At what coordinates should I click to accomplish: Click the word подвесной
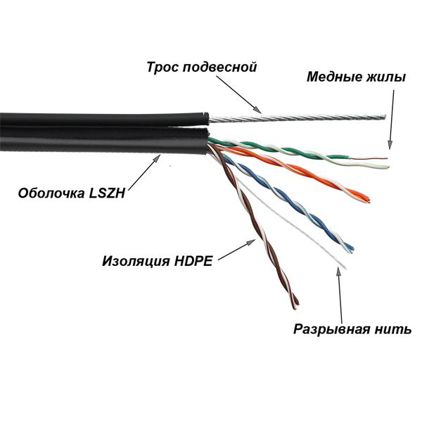219,68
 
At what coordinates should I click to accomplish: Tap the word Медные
335,77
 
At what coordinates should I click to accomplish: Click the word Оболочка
51,193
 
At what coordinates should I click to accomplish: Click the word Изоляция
136,262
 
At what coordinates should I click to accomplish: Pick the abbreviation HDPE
193,261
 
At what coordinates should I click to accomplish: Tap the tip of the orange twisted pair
368,200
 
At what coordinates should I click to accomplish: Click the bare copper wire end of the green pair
387,158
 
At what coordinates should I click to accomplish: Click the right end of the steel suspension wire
385,117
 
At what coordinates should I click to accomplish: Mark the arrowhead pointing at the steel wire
258,110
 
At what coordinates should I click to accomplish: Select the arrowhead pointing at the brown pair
251,242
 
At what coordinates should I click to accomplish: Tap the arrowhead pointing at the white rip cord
339,271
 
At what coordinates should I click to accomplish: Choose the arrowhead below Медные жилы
390,145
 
